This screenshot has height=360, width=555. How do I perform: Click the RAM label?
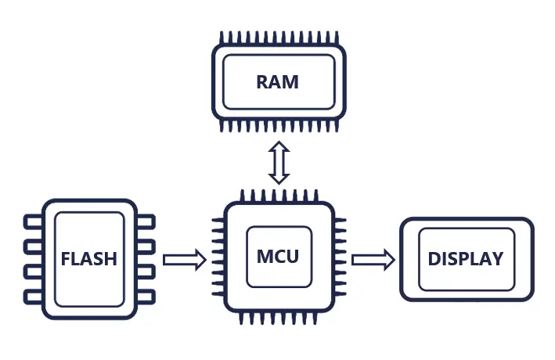click(x=278, y=82)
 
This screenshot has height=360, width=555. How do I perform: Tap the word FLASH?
click(x=88, y=259)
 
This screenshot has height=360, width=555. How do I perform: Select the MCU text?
click(x=278, y=256)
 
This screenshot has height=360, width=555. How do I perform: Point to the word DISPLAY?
click(x=466, y=259)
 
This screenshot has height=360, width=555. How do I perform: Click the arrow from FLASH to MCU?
click(x=185, y=259)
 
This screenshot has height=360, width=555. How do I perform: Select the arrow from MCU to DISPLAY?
click(x=373, y=259)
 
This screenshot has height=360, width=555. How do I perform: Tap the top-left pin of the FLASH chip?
click(x=33, y=223)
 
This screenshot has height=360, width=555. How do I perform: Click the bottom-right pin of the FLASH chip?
click(x=146, y=296)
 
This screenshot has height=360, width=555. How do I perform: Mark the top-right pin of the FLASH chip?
click(x=146, y=223)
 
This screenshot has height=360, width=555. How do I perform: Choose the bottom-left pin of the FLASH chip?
click(x=33, y=296)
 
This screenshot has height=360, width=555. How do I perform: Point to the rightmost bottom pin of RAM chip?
click(x=334, y=126)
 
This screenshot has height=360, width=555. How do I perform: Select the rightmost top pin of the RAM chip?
click(x=334, y=38)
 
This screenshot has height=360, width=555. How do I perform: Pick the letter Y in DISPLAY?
click(x=497, y=259)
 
